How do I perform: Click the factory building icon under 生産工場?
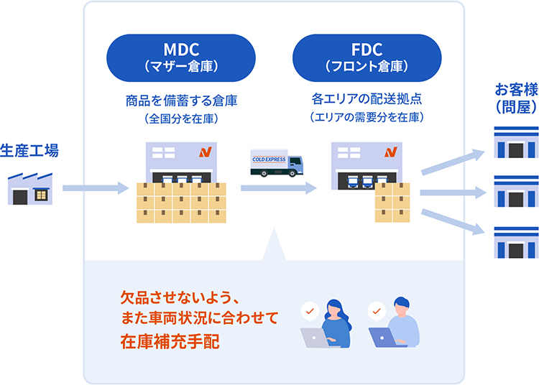coord(30,188)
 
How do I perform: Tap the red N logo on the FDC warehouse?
coord(390,152)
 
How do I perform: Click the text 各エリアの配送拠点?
coord(367,99)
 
